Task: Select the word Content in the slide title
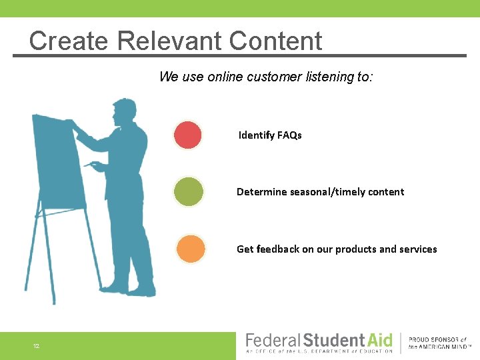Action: pyautogui.click(x=275, y=41)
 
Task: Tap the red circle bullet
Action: pyautogui.click(x=188, y=135)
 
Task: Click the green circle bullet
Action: pyautogui.click(x=189, y=192)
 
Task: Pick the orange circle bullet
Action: pyautogui.click(x=191, y=249)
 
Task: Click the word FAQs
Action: pyautogui.click(x=289, y=135)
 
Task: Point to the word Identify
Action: pyautogui.click(x=257, y=135)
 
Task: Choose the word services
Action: pyautogui.click(x=418, y=249)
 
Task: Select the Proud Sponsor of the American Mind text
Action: pyautogui.click(x=438, y=344)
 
